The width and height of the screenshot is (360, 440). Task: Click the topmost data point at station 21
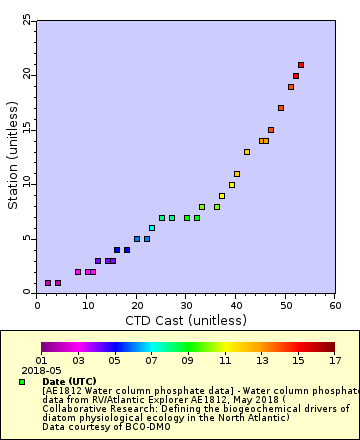click(x=301, y=65)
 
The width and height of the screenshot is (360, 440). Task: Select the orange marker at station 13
click(x=247, y=152)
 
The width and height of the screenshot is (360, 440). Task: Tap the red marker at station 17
click(x=281, y=108)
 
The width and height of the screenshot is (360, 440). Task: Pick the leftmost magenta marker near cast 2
click(x=48, y=283)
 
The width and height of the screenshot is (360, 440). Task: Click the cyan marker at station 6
click(x=152, y=228)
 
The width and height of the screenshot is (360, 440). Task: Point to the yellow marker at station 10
click(x=232, y=185)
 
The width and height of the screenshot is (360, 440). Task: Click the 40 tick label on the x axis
click(x=236, y=306)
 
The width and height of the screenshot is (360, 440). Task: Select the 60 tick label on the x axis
click(x=335, y=306)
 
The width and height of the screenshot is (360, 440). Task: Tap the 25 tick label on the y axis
click(x=26, y=21)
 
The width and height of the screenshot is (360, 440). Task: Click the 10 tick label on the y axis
click(x=26, y=184)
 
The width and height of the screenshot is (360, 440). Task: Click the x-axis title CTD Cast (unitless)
click(x=186, y=320)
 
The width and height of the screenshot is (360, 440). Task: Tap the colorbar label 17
click(x=334, y=360)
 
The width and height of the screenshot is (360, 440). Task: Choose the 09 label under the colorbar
click(x=187, y=360)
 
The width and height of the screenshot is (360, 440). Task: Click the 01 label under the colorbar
click(x=42, y=360)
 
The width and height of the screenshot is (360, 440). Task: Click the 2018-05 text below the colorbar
click(x=36, y=370)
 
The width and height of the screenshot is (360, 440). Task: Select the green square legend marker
click(x=22, y=381)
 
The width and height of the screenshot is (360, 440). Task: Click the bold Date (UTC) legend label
click(x=65, y=381)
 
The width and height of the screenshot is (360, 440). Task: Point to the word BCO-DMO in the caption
click(x=121, y=427)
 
